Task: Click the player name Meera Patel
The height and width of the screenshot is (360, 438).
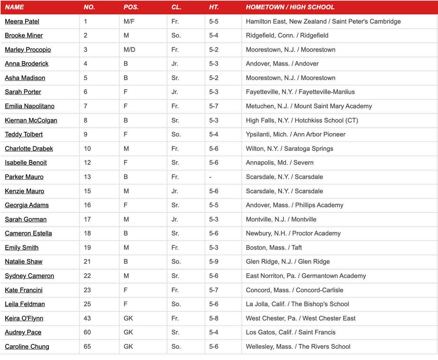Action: tap(22, 21)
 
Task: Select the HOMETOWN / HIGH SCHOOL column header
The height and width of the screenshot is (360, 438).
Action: tap(290, 7)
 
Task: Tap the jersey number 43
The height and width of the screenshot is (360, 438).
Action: tap(87, 318)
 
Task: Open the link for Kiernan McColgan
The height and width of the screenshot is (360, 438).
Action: tap(31, 120)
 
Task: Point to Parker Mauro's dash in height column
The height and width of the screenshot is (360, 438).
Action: tap(210, 177)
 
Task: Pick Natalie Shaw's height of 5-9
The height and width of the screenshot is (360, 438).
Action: tap(214, 262)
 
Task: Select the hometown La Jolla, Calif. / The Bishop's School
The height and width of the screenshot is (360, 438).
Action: tap(297, 304)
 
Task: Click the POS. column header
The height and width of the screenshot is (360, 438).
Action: tap(131, 7)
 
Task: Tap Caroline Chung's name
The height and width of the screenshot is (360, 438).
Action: tap(27, 347)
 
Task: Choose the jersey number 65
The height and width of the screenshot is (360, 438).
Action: tap(87, 347)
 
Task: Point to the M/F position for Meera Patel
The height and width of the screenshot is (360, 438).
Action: tap(129, 21)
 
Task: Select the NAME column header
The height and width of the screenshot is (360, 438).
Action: tap(14, 7)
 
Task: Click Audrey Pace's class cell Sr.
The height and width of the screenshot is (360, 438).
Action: tap(175, 332)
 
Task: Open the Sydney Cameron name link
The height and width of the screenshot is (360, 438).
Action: tap(29, 276)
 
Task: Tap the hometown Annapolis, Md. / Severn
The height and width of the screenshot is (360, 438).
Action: tap(280, 163)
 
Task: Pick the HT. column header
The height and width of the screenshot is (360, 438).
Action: tap(214, 7)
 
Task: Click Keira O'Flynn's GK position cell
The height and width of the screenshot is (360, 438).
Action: tap(128, 318)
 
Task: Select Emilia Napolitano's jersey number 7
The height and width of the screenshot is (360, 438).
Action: tap(86, 106)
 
